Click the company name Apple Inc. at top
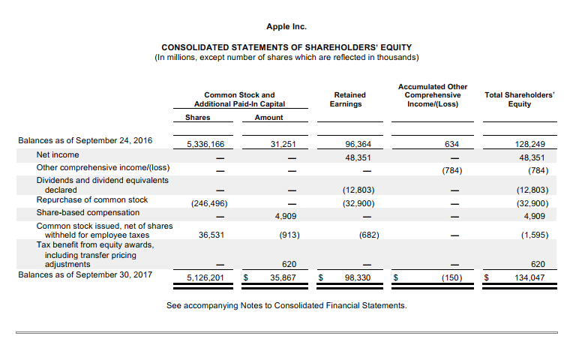(x=286, y=27)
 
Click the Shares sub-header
(x=197, y=118)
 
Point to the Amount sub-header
(x=268, y=118)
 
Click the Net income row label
(x=58, y=154)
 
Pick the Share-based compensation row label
(x=88, y=212)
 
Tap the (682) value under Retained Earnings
(x=368, y=235)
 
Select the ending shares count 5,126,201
(x=205, y=277)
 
